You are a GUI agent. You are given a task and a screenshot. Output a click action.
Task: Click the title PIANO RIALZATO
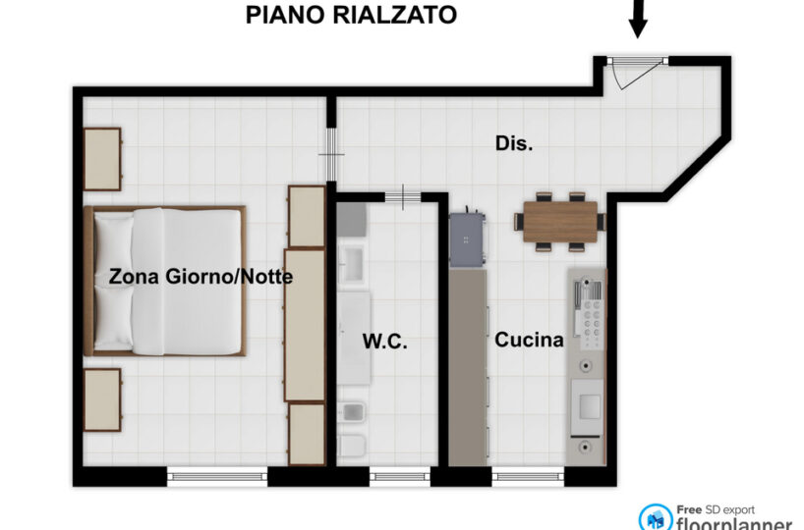point(351,15)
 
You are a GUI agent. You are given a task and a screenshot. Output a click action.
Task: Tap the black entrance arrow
point(637,19)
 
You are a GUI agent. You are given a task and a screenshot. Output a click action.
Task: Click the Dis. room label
point(514,143)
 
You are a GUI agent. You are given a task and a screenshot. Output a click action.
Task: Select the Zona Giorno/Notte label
point(201,277)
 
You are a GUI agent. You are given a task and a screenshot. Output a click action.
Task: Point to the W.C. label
point(384,341)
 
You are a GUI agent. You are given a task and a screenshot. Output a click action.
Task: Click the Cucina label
point(529,340)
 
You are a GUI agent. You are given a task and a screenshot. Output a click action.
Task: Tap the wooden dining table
point(560,222)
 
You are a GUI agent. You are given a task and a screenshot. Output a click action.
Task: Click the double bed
point(164,281)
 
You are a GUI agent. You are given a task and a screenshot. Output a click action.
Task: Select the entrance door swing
point(636,74)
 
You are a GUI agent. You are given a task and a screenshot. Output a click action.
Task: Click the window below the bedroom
point(217,476)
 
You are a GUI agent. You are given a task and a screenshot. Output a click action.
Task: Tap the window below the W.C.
point(399,476)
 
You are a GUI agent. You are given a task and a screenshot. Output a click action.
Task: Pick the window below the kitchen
point(528,476)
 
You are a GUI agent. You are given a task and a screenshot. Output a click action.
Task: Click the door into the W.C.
point(403,197)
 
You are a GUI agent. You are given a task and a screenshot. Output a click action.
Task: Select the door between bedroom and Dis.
point(331,154)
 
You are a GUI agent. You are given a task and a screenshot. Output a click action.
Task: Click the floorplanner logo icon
point(656,517)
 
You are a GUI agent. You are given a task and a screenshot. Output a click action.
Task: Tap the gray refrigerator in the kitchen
point(467,238)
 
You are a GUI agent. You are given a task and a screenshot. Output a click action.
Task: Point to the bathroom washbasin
point(352,264)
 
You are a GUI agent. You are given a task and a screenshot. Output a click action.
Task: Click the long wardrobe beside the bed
point(305,325)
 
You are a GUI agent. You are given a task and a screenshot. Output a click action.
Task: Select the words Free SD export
point(716,510)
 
